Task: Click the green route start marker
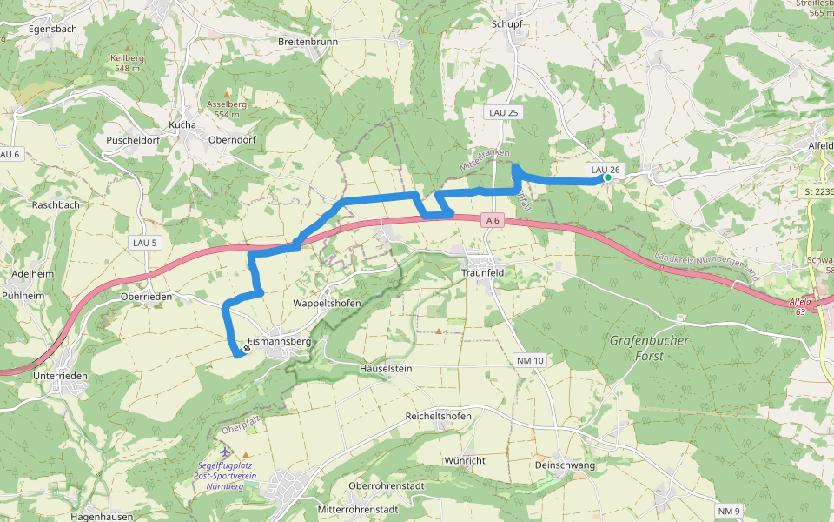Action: pos(608,178)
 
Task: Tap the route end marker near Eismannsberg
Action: pos(247,349)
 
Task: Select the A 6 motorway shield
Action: pos(493,221)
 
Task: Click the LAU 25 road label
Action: pos(502,113)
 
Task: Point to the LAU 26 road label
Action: pos(604,169)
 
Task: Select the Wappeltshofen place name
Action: pos(327,304)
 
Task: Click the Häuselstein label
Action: pos(386,369)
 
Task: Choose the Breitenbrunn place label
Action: pos(308,41)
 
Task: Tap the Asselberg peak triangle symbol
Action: pos(228,93)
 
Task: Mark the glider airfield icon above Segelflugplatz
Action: pos(226,453)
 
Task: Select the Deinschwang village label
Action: pos(566,465)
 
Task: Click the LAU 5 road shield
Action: pos(144,242)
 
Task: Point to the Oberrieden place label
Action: pos(147,297)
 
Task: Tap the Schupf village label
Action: pos(506,24)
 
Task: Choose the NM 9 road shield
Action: pos(729,510)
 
